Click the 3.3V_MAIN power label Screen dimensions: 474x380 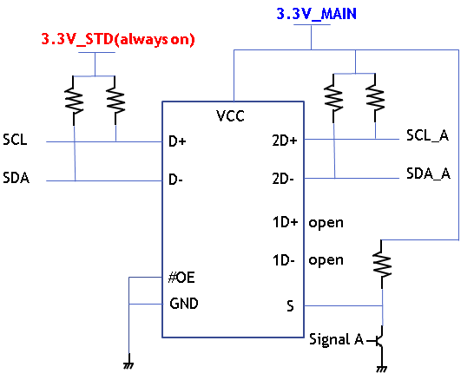pos(317,14)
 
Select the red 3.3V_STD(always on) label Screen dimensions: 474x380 pos(118,39)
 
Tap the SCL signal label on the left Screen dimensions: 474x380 pos(15,140)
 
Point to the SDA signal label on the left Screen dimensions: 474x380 pos(16,178)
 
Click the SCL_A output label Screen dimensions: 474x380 pos(427,135)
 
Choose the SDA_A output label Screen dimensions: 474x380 pos(428,174)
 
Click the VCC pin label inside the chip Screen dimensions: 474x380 pos(230,115)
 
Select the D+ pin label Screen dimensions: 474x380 pos(177,141)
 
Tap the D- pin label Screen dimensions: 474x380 pos(175,180)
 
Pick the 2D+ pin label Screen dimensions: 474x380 pos(285,141)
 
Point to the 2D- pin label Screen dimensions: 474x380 pos(283,179)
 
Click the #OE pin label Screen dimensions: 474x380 pos(181,278)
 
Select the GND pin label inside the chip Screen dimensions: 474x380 pos(184,304)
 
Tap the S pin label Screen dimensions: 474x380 pos(290,306)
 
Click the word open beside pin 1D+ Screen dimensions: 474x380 pos(326,223)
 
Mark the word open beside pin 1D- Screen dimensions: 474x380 pos(326,260)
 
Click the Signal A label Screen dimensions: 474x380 pos(336,339)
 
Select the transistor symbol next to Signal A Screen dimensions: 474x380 pos(379,341)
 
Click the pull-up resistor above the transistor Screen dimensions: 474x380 pos(382,265)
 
